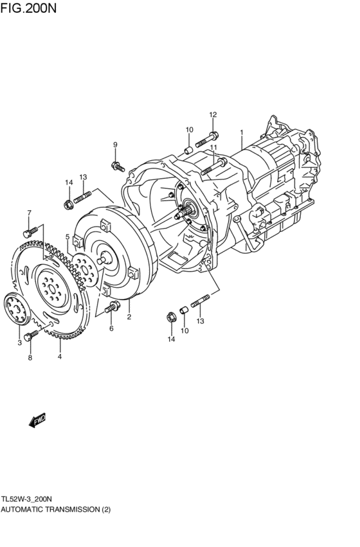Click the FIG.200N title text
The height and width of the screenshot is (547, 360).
click(x=28, y=8)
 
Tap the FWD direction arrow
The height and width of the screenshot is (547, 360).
click(x=37, y=420)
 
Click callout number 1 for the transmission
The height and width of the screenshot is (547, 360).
click(x=241, y=132)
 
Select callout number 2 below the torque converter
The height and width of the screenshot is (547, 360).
click(x=129, y=317)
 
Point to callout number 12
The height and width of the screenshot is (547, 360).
click(x=213, y=114)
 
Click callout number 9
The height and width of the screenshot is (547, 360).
click(x=115, y=145)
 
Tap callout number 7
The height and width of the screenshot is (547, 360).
click(x=30, y=213)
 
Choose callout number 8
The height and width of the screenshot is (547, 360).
click(x=30, y=357)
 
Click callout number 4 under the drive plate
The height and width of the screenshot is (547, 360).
click(x=60, y=357)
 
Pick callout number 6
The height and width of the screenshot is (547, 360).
click(x=111, y=328)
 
